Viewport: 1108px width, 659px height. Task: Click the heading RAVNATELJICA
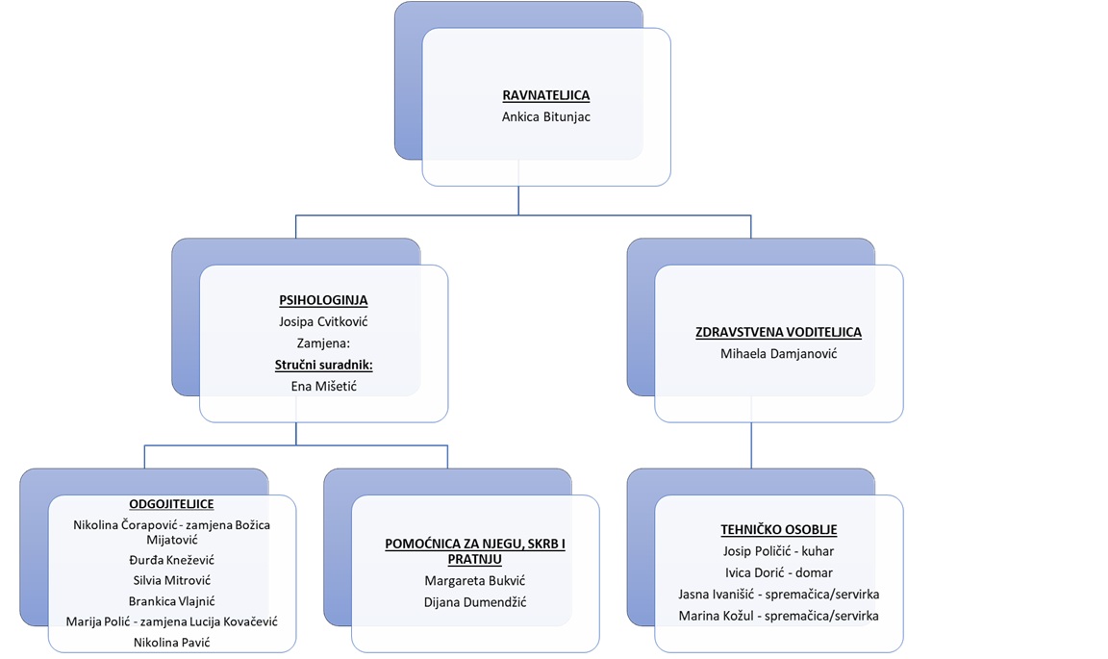coord(545,96)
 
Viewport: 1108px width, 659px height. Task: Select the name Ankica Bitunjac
coord(545,116)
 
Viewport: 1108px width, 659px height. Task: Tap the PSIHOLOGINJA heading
coord(323,300)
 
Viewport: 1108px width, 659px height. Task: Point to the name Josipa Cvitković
coord(323,321)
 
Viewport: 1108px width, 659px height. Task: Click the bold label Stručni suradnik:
coord(323,365)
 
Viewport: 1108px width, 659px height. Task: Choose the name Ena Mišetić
coord(323,386)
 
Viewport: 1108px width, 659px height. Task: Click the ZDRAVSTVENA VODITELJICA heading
coord(778,332)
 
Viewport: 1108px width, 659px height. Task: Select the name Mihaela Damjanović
coord(778,354)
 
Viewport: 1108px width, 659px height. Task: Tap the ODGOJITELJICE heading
coord(171,504)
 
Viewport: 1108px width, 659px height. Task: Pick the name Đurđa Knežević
coord(171,560)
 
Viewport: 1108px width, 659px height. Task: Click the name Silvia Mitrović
coord(171,580)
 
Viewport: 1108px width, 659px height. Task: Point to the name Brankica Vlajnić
coord(171,601)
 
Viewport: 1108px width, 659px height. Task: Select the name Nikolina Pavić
coord(171,642)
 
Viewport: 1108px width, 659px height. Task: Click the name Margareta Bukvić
coord(475,581)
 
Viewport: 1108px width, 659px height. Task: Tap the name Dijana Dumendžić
coord(475,602)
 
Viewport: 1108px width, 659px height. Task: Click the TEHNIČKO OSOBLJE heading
coord(778,529)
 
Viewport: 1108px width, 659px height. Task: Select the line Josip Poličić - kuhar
coord(778,551)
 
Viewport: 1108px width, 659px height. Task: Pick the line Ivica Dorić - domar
coord(778,572)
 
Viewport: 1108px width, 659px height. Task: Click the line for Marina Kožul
coord(778,616)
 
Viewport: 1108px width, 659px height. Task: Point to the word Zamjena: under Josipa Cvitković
coord(323,343)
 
